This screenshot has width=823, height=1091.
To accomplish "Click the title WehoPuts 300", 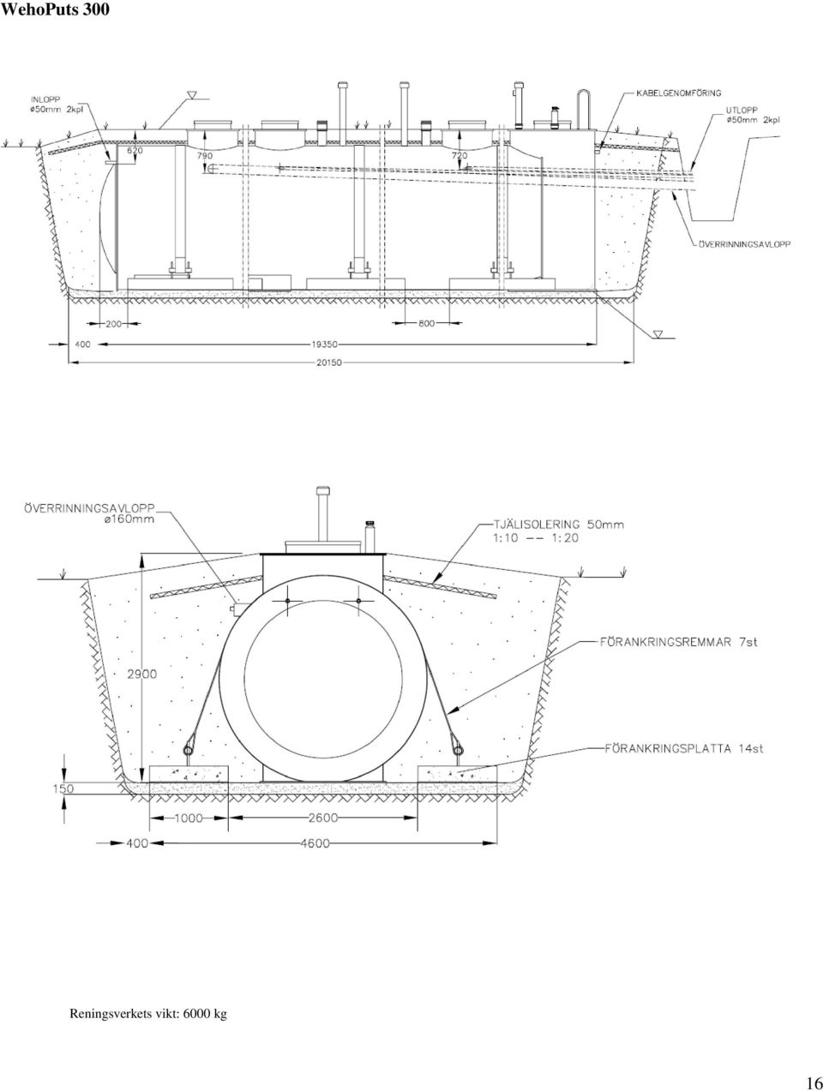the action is (x=55, y=9).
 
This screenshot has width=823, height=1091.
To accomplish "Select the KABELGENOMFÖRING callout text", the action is (x=678, y=93).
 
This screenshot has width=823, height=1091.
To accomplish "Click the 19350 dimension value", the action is (x=324, y=344).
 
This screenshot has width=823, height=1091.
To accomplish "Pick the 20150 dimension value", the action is (x=329, y=363).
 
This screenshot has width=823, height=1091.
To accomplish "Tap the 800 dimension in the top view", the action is (x=426, y=324).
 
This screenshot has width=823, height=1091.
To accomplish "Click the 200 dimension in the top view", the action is (x=114, y=324).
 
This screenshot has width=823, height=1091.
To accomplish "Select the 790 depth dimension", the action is (x=205, y=156).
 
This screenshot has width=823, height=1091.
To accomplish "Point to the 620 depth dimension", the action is (x=135, y=150).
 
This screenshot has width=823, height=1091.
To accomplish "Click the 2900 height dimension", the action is (x=142, y=674).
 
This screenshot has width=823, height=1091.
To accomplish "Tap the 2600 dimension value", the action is (x=323, y=817).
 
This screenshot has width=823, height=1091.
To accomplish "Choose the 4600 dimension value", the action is (x=315, y=843).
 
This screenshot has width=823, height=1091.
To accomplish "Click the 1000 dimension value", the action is (x=189, y=818).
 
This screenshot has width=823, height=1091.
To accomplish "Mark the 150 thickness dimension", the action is (x=63, y=788).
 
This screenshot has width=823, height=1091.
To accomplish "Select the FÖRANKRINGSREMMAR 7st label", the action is (x=678, y=642).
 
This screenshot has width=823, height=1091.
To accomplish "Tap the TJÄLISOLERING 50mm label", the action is (x=559, y=524).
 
